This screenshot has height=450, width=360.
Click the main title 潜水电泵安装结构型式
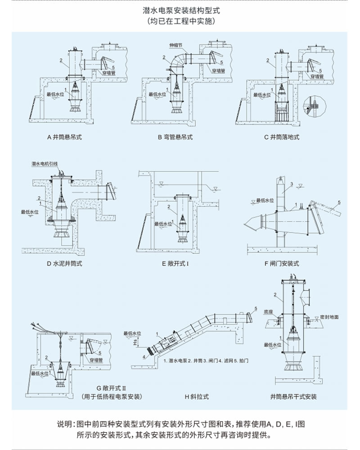click(x=180, y=9)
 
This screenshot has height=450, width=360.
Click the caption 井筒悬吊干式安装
click(x=293, y=397)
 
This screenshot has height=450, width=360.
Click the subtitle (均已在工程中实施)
click(x=180, y=21)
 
